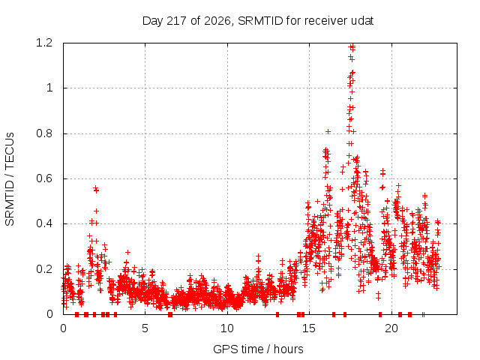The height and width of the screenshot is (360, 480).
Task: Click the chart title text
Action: pos(258,21)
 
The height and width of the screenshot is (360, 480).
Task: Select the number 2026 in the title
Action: pos(217,21)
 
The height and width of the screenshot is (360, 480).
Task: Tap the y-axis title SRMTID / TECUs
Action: pos(10,179)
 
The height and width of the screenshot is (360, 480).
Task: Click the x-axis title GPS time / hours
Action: pos(258,349)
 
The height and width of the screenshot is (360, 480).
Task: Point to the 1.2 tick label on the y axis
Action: pos(44,43)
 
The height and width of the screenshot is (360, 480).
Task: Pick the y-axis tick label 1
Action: pos(49,88)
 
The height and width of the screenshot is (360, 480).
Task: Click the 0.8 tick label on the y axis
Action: pos(44,133)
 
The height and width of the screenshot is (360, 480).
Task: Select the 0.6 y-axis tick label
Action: pos(44,178)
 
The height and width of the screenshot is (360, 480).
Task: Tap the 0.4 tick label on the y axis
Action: pos(44,223)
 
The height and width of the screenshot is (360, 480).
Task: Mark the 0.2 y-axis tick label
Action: pos(44,269)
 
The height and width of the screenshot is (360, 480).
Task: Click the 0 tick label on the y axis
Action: pos(49,314)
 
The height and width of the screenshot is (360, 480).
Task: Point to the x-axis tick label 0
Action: pos(63,328)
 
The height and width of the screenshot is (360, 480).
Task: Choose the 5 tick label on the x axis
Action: pos(145,328)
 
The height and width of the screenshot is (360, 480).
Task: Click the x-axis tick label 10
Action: pos(227,328)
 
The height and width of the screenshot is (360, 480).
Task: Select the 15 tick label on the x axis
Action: pos(309,328)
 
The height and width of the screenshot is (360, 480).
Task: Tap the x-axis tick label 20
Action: pos(391,328)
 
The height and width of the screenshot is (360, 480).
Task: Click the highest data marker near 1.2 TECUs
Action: pos(352,47)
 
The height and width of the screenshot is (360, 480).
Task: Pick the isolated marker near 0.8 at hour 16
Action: pos(328,132)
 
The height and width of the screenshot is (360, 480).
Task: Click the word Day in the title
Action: pos(153,21)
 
